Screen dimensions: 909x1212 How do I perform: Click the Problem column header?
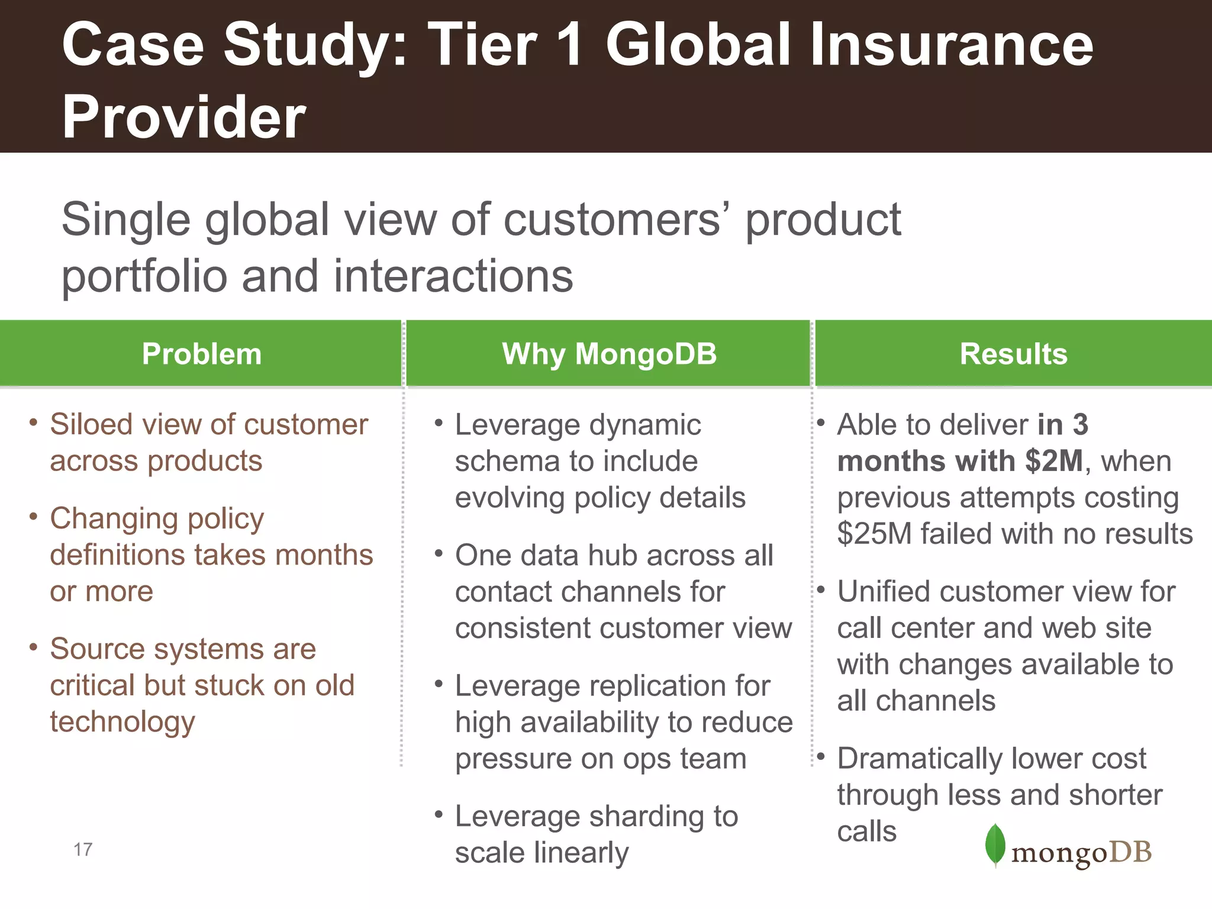[201, 354]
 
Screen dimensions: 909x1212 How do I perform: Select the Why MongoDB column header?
[609, 354]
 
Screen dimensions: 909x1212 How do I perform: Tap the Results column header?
[1013, 354]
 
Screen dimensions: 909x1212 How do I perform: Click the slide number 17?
[83, 850]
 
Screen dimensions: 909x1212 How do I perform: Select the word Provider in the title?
[183, 117]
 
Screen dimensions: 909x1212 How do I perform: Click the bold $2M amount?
[1054, 461]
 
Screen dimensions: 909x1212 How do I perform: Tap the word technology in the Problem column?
[123, 723]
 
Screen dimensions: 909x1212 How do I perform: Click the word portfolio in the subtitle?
[144, 277]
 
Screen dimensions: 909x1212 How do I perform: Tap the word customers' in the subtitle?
[616, 220]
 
